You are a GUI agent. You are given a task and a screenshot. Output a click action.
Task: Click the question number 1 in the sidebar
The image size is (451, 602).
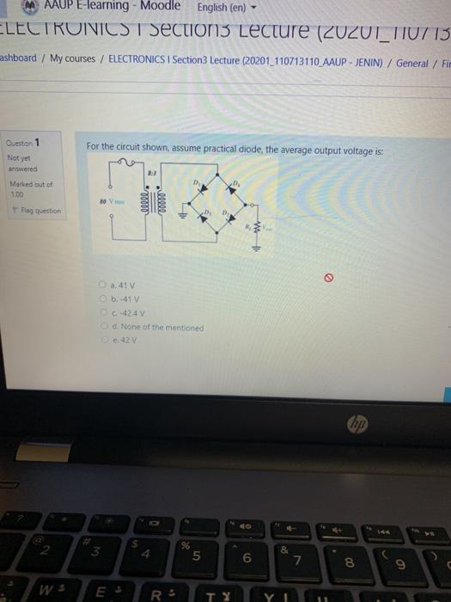pyautogui.click(x=36, y=143)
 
